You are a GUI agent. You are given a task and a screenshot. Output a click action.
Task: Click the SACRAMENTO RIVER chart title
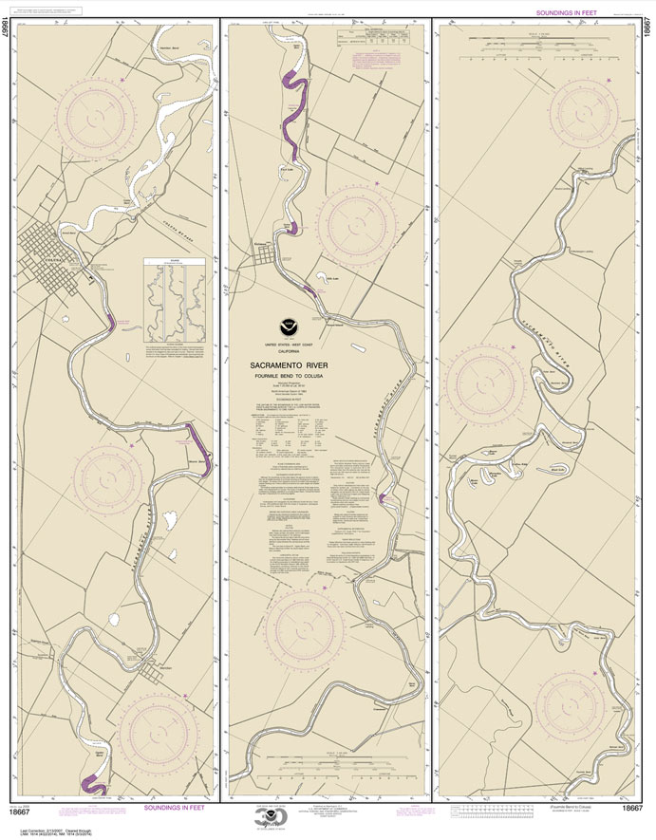tap(299, 364)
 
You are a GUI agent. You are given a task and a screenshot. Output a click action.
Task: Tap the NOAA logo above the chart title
tap(299, 335)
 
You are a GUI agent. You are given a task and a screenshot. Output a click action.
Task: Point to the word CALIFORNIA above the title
tap(299, 353)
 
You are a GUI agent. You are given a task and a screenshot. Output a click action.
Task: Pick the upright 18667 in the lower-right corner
tap(633, 808)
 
